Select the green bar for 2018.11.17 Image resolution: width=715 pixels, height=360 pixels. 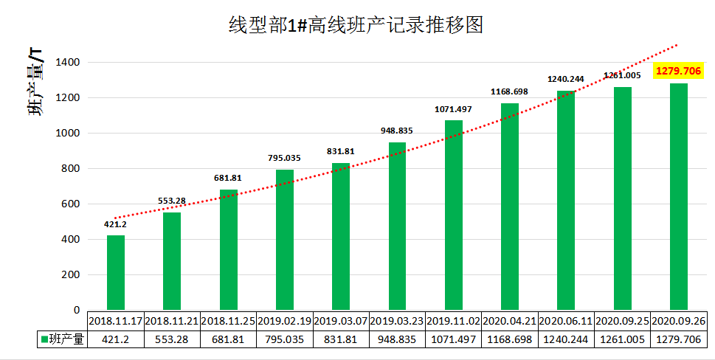pos(116,272)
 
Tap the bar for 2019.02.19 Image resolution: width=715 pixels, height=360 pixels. pos(285,240)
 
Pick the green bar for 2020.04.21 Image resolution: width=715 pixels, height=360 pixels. pos(510,207)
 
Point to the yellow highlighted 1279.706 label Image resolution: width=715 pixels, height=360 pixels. pos(679,71)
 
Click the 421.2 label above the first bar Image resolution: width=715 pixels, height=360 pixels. pos(116,224)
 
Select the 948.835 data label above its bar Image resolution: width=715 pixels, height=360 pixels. pos(397,131)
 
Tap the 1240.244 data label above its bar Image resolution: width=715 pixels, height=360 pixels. pos(566,79)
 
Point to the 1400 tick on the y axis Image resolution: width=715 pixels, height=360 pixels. pos(67,63)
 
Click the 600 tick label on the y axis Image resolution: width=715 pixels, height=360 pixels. pos(70,204)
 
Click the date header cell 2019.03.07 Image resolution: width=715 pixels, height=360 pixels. pos(341,321)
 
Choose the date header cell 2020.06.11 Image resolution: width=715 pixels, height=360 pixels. pos(566,321)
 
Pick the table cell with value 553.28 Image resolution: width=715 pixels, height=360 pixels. pos(172,339)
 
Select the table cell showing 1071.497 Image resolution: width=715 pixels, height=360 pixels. pos(454,339)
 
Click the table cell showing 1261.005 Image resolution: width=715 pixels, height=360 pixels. pos(622,339)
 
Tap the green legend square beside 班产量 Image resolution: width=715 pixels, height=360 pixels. pos(44,339)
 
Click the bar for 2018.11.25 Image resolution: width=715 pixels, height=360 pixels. pos(229,250)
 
